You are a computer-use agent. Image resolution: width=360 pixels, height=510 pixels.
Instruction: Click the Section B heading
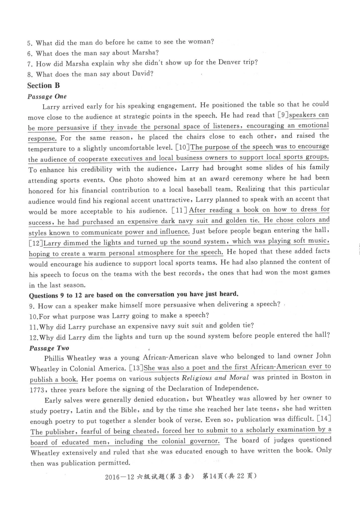point(43,85)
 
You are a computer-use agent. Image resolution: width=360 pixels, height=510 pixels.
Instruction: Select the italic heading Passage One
point(47,96)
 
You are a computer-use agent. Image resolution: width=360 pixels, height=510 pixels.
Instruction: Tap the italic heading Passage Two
point(49,348)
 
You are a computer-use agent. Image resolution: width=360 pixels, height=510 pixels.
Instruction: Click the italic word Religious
point(197,378)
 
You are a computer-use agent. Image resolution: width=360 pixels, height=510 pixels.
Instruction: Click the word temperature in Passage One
point(47,149)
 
